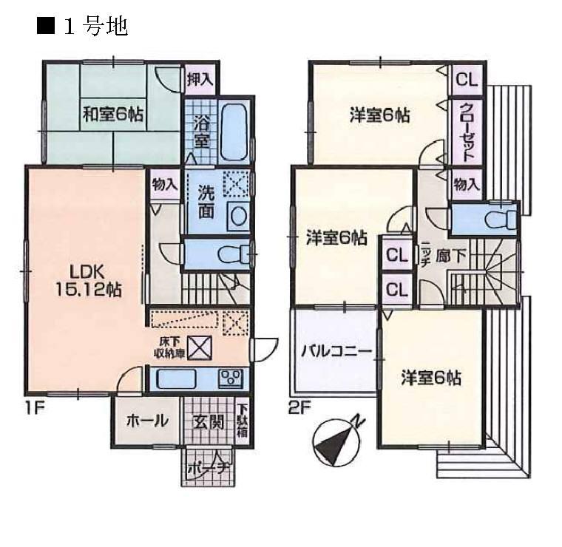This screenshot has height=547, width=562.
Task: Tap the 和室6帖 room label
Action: coord(112,115)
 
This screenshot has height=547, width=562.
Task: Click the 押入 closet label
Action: coord(198,78)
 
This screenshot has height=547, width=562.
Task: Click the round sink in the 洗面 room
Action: coord(238,216)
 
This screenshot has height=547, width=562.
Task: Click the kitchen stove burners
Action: coord(231,378)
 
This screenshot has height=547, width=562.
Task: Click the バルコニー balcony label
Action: coord(335,352)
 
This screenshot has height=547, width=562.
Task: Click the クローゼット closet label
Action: coord(467,133)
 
